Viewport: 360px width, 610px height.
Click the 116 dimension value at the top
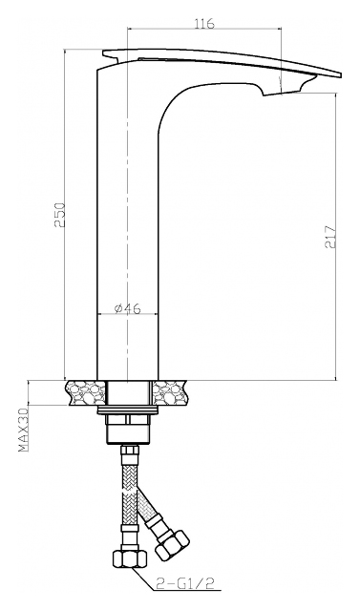(204, 23)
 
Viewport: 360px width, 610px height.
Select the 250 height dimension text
(59, 215)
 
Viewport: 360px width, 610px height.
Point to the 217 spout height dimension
(329, 237)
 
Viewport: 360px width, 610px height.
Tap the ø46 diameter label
(128, 308)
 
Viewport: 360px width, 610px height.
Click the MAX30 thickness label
(24, 430)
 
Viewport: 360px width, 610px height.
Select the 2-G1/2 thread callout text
(186, 582)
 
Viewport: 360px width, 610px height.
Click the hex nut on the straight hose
(131, 560)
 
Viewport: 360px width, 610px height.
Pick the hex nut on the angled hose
(173, 545)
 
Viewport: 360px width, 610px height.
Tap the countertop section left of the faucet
(86, 392)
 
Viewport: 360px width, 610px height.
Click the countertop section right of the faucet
(169, 392)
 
